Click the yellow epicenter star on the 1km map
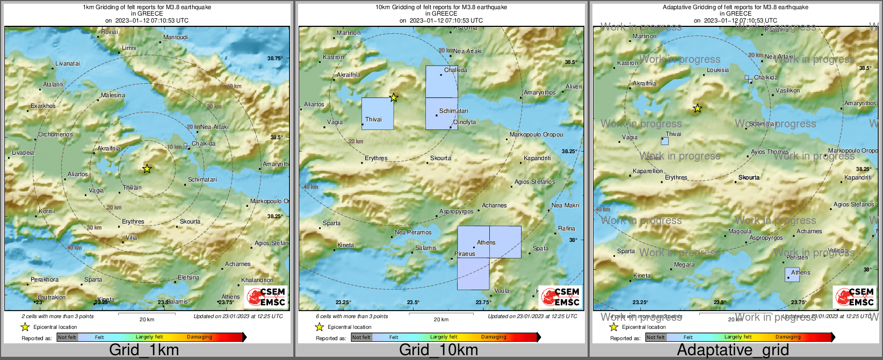(147, 169)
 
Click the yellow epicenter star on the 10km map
(394, 97)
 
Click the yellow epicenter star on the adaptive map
(697, 108)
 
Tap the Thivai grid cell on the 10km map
(377, 113)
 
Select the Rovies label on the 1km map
(110, 32)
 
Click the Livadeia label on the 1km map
(23, 153)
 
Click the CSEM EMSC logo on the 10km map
(560, 297)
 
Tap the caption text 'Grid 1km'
(144, 350)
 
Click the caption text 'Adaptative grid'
(733, 350)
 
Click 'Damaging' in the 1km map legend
(199, 337)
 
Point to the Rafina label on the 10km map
(566, 228)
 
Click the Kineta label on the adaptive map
(642, 276)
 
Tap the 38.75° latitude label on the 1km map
(275, 58)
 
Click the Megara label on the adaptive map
(684, 264)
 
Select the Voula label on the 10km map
(501, 291)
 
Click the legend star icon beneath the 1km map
(25, 327)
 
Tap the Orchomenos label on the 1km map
(55, 134)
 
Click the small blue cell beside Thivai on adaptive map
(665, 141)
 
